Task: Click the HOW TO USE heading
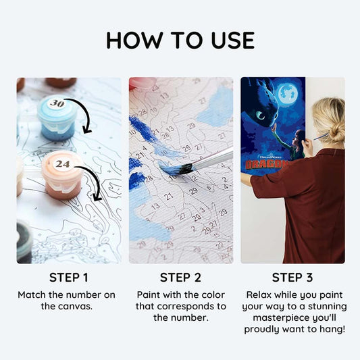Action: click(180, 41)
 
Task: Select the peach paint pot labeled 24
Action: click(62, 173)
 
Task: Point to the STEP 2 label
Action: click(180, 277)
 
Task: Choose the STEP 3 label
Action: click(292, 277)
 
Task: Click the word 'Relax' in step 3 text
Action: click(259, 295)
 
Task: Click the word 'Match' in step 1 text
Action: click(32, 295)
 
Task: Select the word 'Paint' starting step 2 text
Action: click(149, 295)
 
